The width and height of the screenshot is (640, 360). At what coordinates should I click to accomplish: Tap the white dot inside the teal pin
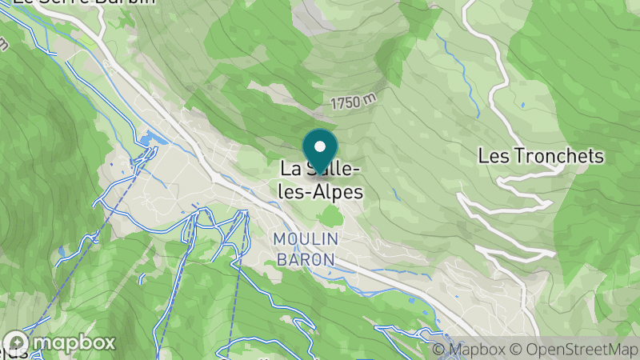(x=320, y=146)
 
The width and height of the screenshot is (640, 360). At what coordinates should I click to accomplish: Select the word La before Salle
(x=290, y=170)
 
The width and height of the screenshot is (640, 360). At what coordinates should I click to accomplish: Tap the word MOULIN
(x=306, y=239)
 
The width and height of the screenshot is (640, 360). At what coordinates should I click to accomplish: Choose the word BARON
(x=306, y=259)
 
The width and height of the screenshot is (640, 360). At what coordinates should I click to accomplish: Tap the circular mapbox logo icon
(x=15, y=342)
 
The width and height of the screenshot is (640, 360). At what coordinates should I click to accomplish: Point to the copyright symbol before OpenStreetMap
(x=517, y=350)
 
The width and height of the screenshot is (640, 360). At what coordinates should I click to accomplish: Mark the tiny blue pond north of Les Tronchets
(x=522, y=105)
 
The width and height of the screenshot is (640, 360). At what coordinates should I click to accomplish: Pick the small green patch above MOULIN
(x=331, y=216)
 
